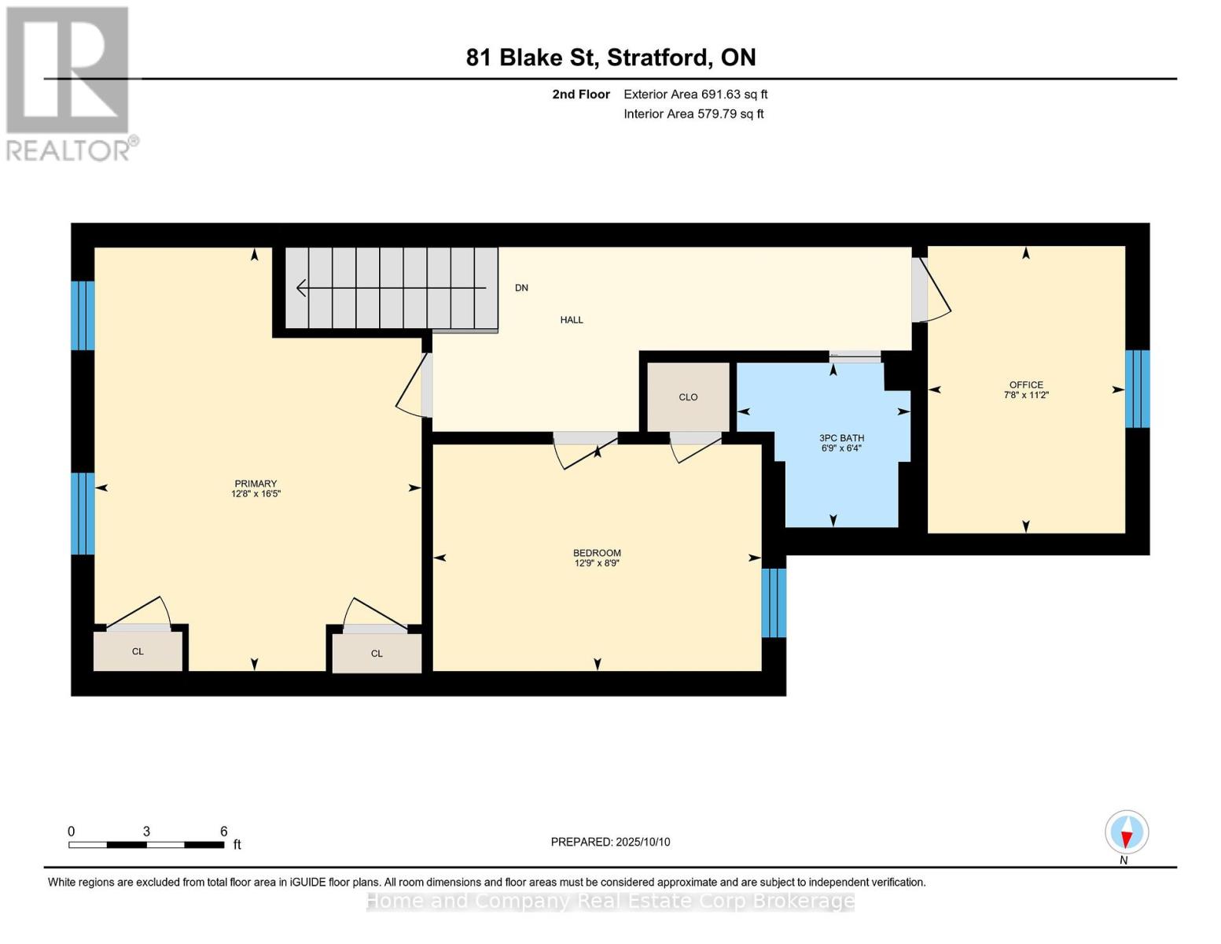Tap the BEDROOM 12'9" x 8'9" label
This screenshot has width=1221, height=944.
coord(597,557)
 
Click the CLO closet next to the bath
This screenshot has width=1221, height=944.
coord(688,397)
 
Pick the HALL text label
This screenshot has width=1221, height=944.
coord(572,320)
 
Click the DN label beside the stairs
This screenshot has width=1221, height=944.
coord(521,288)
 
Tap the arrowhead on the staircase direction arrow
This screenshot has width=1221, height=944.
coord(300,288)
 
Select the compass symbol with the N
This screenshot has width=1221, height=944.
coord(1126,832)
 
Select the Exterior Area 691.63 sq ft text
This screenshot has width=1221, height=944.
coord(695,94)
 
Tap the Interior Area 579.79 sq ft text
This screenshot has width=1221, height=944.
coord(693,114)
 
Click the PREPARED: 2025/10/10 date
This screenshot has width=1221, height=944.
coord(610,842)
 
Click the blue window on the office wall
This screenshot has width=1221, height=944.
coord(1138,389)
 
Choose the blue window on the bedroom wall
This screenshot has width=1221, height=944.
coord(774,602)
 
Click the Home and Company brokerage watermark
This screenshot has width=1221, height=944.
coord(610,902)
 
